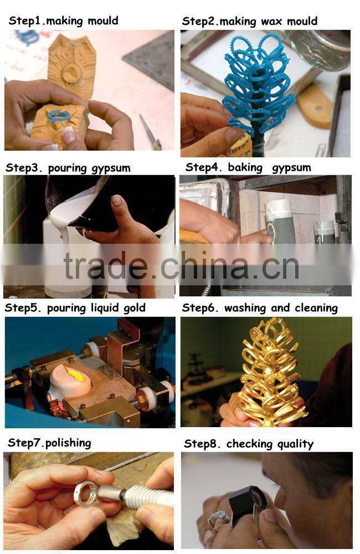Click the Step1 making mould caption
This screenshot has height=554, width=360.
click(63, 21)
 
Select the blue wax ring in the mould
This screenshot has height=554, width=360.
click(58, 116)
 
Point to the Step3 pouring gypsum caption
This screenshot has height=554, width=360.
click(68, 168)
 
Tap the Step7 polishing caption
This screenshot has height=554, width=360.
click(49, 443)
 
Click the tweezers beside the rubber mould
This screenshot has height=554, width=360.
click(150, 132)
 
